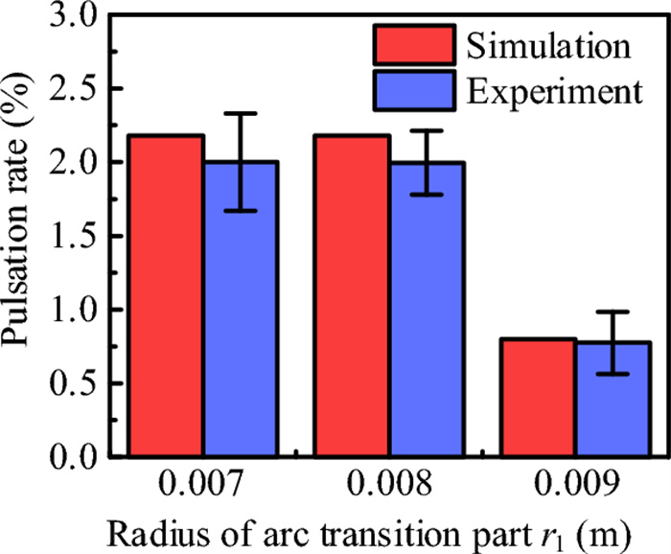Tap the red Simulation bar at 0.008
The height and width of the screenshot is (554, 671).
coord(353,296)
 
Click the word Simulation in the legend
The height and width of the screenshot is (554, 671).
coord(546,45)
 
